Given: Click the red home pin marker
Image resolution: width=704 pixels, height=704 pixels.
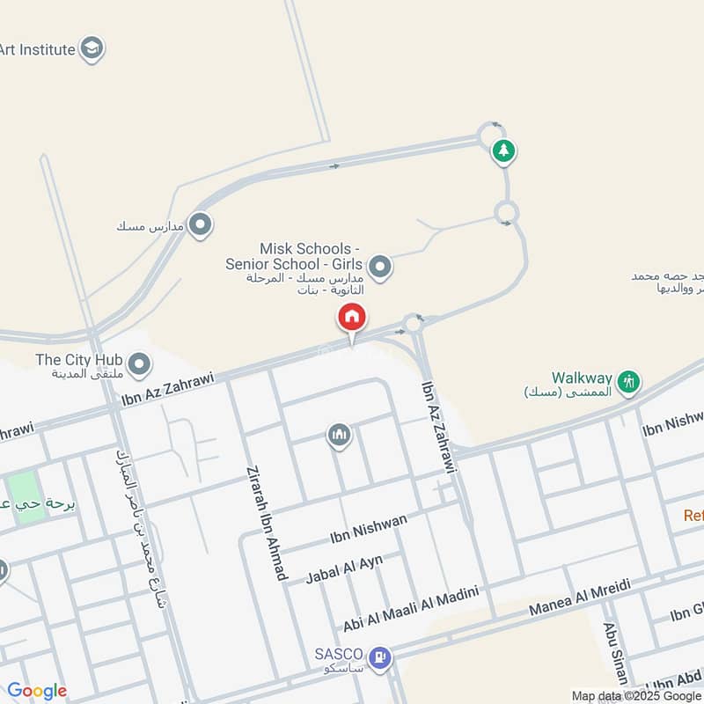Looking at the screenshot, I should coord(352,318).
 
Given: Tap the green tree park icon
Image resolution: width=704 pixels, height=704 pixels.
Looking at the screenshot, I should coord(503,150).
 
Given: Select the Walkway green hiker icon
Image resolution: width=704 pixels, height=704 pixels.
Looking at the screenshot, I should coord(627,381).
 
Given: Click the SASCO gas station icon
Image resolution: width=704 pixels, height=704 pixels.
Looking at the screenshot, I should coord(380,656).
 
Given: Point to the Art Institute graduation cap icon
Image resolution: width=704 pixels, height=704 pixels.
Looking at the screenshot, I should coord(91,49).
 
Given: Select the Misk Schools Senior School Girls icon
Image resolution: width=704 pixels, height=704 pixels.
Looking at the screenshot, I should coord(379,266).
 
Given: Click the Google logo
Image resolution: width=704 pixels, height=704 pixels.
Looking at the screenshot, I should coord(37,691).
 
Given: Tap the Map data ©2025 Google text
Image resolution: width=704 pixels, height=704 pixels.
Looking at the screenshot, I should coord(634,695).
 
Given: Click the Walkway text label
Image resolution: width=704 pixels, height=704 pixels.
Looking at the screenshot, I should coord(581,376).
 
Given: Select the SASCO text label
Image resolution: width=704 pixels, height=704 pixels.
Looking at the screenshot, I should coord(339,654).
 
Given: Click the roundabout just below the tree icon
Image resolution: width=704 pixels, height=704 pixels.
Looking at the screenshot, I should coord(506,212).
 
